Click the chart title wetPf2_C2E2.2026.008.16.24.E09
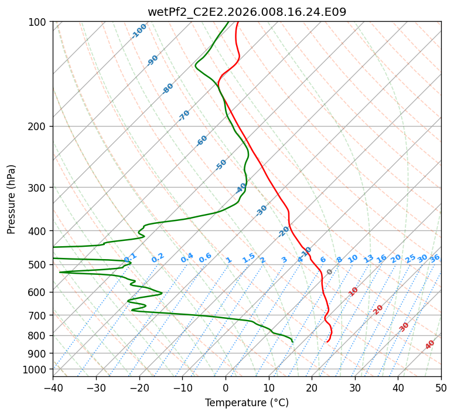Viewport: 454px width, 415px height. click(x=247, y=12)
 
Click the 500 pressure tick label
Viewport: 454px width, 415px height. click(x=39, y=265)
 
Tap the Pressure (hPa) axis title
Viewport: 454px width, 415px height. click(x=11, y=199)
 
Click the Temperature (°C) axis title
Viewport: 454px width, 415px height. click(x=247, y=403)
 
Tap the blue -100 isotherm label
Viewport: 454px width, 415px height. click(x=139, y=31)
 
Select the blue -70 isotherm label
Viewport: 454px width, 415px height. click(x=184, y=115)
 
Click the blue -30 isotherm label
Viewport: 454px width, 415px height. click(x=261, y=210)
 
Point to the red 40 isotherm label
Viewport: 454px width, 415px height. click(x=429, y=345)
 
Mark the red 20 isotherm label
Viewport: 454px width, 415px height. click(x=378, y=310)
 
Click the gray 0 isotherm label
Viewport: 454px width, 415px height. click(x=329, y=272)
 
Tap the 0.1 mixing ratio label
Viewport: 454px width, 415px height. click(x=130, y=257)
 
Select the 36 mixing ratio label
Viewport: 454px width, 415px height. click(x=435, y=258)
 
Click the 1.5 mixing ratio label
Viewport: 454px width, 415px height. click(x=249, y=258)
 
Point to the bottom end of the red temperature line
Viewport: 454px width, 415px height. click(x=327, y=342)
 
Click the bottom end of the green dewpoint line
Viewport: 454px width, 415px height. click(x=293, y=342)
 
